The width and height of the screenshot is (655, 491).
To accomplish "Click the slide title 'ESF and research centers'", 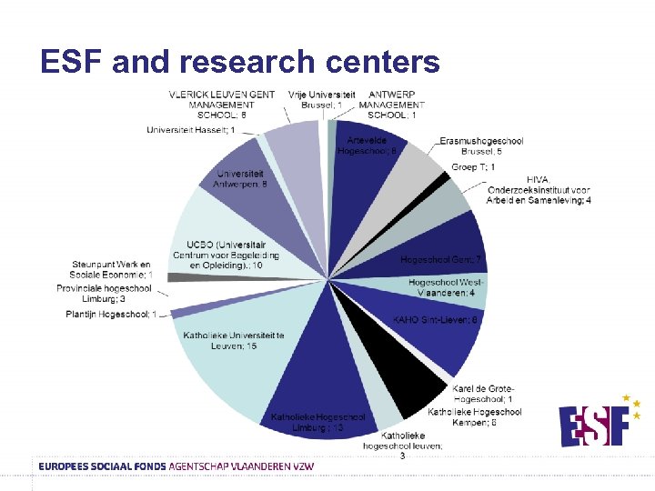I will click(240, 61).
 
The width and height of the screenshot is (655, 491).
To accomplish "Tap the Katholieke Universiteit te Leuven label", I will click(234, 341).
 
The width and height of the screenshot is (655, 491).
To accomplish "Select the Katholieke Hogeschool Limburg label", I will click(317, 422).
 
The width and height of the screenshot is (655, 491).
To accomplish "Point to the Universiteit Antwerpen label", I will click(239, 179).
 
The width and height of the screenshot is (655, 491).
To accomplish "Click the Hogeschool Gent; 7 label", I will click(440, 260).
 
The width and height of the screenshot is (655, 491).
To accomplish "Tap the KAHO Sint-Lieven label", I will click(436, 319).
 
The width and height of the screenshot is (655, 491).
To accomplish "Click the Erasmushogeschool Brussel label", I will click(481, 145).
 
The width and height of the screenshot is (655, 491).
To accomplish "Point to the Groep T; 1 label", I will click(473, 167).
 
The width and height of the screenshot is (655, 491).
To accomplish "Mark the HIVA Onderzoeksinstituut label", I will click(538, 190).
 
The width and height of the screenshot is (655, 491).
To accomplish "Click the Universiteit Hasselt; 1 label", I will click(190, 130).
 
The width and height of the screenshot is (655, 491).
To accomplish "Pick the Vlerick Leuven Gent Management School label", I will click(222, 105).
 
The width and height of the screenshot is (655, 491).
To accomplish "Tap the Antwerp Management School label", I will click(392, 105).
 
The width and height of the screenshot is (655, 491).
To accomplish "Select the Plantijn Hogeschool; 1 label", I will click(111, 315).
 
